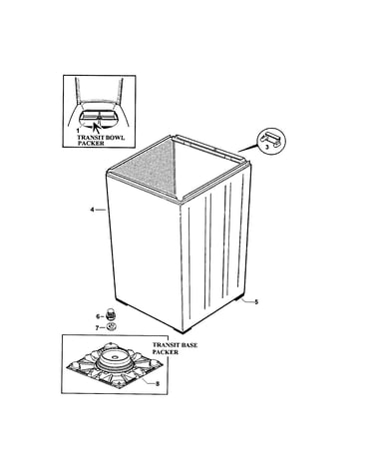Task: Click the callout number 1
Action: coord(78,131)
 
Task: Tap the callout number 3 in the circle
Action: coord(266,148)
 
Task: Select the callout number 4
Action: coord(92,210)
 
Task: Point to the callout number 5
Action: coord(256,302)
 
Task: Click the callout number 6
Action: coord(98,316)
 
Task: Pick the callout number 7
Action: coord(98,327)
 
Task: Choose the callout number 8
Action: coord(158,383)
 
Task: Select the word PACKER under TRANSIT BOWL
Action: coord(91,143)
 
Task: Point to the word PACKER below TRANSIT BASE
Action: coord(166,352)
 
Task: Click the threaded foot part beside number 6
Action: coord(110,313)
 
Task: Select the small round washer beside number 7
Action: coord(111,327)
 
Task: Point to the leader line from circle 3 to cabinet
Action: coord(248,148)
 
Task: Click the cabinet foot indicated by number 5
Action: coord(238,298)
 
